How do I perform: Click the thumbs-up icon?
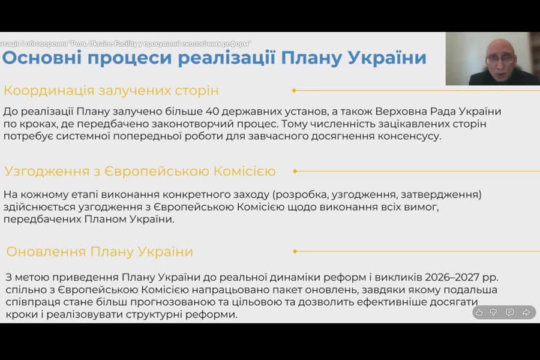click(479, 312)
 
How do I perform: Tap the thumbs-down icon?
click(494, 312)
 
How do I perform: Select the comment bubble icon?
click(510, 312)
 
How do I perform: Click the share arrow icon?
click(526, 312)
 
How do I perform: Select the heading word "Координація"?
click(47, 91)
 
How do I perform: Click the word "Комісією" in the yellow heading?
click(245, 172)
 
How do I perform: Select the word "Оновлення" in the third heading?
click(45, 251)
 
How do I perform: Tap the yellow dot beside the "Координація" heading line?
click(294, 91)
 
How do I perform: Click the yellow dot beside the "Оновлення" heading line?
click(294, 251)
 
